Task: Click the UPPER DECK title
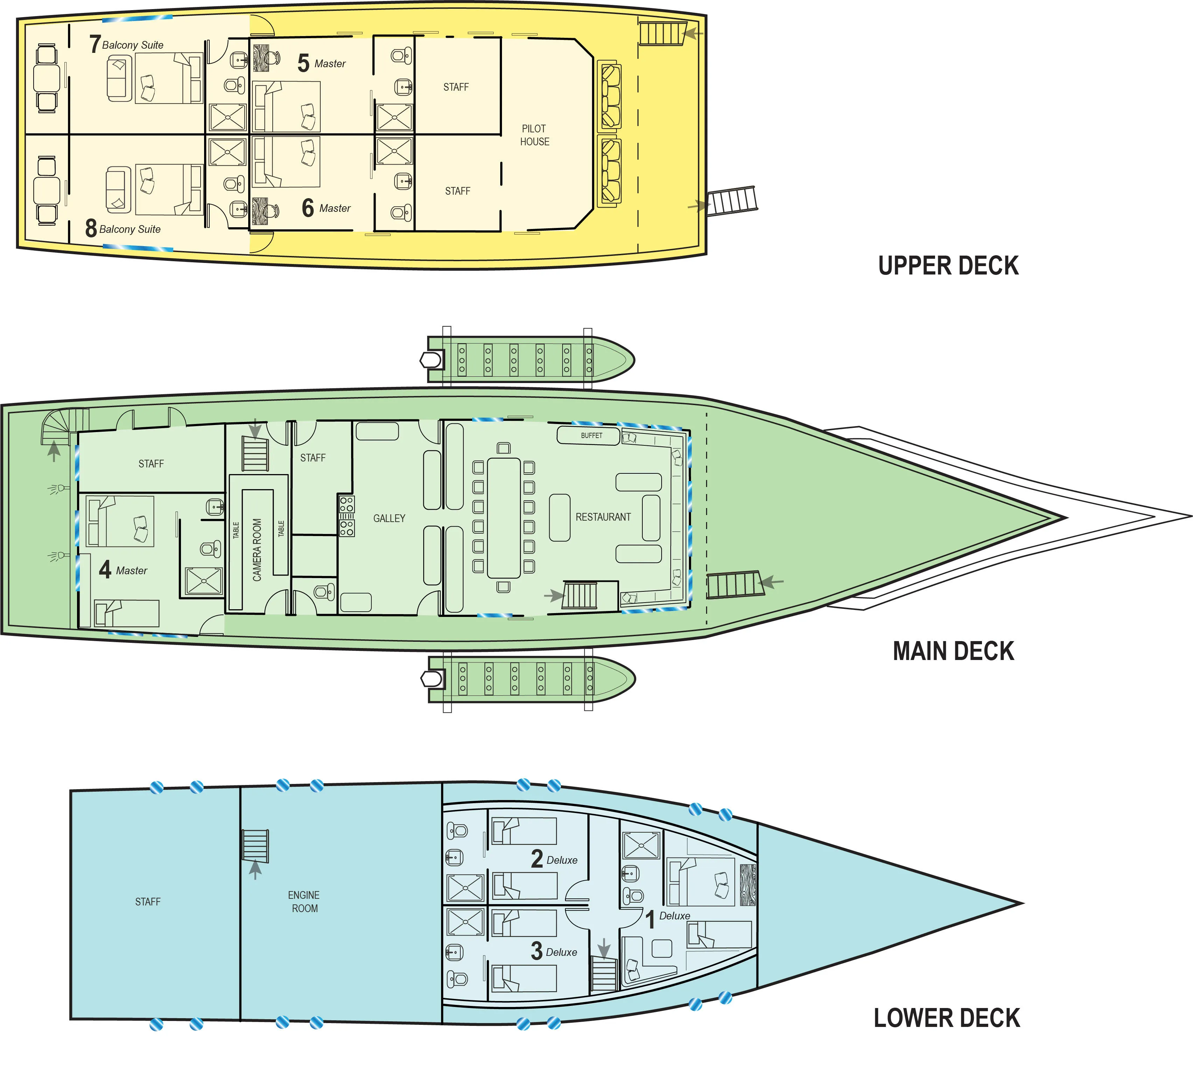pyautogui.click(x=948, y=266)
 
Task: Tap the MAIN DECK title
pyautogui.click(x=953, y=651)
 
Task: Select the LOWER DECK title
pyautogui.click(x=947, y=1018)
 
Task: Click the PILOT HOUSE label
pyautogui.click(x=534, y=135)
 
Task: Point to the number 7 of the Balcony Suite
pyautogui.click(x=95, y=44)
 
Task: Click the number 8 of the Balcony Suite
pyautogui.click(x=91, y=228)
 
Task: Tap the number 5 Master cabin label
pyautogui.click(x=321, y=63)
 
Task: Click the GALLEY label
pyautogui.click(x=389, y=518)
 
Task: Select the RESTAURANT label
pyautogui.click(x=603, y=517)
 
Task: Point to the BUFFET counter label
pyautogui.click(x=591, y=436)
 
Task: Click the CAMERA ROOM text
pyautogui.click(x=257, y=550)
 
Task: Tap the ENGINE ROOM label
pyautogui.click(x=304, y=901)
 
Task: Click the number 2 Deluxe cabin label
pyautogui.click(x=553, y=859)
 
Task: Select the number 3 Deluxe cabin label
pyautogui.click(x=553, y=951)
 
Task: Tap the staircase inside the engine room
pyautogui.click(x=255, y=846)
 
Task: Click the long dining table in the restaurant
pyautogui.click(x=504, y=518)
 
